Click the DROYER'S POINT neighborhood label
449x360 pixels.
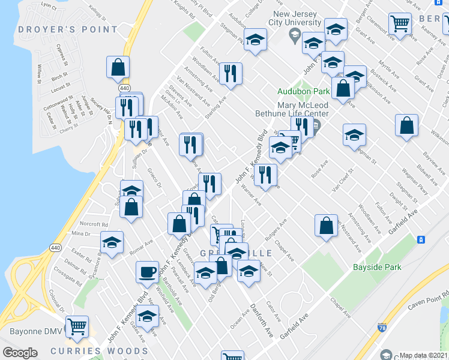68,29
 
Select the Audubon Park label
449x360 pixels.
304,92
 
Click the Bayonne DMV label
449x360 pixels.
33,331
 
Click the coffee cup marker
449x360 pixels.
147,272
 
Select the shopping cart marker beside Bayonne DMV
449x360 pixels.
77,326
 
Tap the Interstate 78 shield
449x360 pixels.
382,328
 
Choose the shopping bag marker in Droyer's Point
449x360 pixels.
118,67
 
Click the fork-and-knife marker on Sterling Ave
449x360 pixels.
231,73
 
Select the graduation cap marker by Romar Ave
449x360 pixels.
112,242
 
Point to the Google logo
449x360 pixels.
20,353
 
